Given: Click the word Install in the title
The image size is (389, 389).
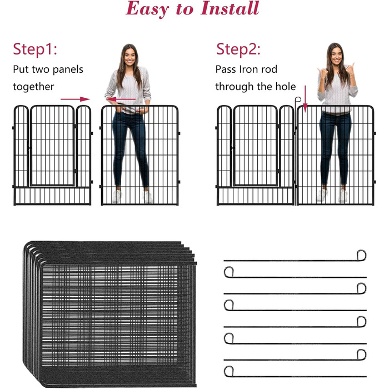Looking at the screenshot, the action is pyautogui.click(x=230, y=8).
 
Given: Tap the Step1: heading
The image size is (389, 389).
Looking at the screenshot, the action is pyautogui.click(x=35, y=49).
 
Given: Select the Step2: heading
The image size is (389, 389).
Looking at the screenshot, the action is pyautogui.click(x=238, y=49).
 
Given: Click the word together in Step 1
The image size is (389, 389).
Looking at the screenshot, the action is pyautogui.click(x=33, y=87).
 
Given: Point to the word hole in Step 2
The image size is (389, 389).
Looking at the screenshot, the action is pyautogui.click(x=286, y=86).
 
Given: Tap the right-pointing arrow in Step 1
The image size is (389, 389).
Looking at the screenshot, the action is pyautogui.click(x=75, y=99).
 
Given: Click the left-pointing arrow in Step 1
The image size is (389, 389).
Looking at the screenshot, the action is pyautogui.click(x=121, y=99).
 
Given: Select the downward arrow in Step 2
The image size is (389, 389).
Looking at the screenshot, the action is pyautogui.click(x=305, y=99).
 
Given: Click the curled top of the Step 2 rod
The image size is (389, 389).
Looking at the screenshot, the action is pyautogui.click(x=298, y=99).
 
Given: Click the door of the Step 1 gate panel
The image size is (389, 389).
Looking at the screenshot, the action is pyautogui.click(x=52, y=146).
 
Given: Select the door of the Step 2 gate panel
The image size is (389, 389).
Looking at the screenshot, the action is pyautogui.click(x=256, y=146).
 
